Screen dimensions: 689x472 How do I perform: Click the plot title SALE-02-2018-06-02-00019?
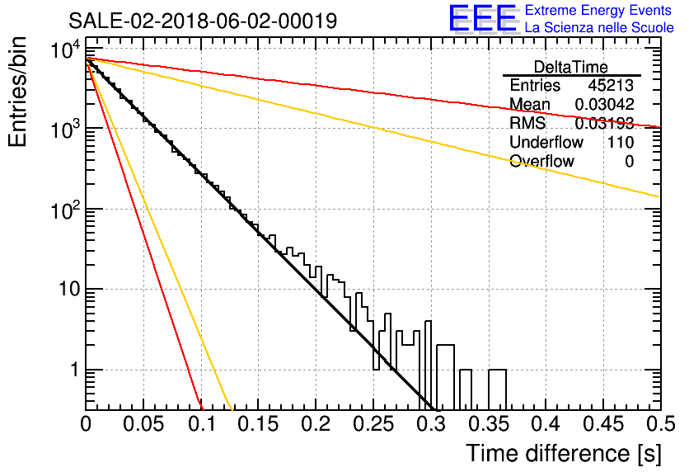203,21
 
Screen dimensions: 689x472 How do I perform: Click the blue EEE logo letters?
482,18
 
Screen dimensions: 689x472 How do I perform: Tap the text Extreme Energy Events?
598,10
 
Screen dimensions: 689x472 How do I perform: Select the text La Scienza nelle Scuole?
599,27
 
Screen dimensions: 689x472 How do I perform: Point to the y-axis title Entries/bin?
17,92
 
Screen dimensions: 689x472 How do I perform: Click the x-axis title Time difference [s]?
563,453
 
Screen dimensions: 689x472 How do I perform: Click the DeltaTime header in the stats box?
570,67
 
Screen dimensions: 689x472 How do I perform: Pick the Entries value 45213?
611,85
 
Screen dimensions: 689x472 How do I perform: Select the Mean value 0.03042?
604,104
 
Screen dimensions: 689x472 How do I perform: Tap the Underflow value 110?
621,142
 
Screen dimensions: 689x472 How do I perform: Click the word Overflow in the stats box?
541,161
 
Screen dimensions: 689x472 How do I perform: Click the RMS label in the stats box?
527,123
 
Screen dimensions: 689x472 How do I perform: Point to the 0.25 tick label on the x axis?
373,424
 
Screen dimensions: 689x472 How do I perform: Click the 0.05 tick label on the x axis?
143,424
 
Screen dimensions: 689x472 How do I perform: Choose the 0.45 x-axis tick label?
603,424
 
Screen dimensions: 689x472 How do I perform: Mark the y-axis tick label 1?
75,370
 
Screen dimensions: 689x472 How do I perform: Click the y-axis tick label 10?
68,289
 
